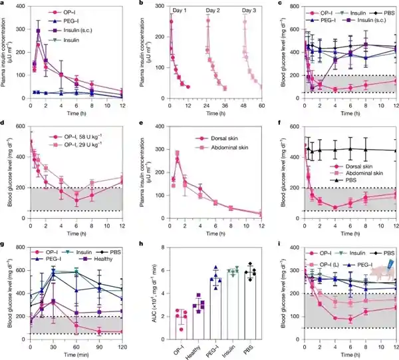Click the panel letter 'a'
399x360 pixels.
[3, 4]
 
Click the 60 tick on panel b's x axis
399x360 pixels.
[263, 106]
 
